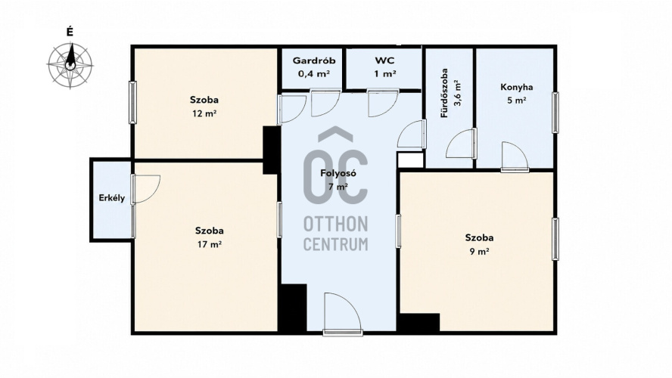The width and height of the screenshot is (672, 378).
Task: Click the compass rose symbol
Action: [70, 65]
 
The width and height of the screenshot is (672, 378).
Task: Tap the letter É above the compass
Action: [70, 32]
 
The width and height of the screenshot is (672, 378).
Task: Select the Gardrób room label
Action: [314, 60]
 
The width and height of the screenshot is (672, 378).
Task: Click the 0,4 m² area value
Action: [314, 73]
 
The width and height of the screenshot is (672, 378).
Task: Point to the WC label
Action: [384, 60]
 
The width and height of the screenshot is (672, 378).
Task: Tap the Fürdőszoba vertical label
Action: [444, 93]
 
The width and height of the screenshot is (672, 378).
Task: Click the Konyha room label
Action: [516, 87]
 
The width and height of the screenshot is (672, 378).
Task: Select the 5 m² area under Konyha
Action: [516, 101]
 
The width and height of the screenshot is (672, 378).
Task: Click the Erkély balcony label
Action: [112, 198]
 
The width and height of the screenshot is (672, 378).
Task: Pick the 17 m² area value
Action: [209, 244]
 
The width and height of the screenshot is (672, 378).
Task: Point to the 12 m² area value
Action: [204, 113]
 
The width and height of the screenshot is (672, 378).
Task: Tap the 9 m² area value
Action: [479, 251]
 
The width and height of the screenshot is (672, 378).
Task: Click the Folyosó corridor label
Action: [338, 173]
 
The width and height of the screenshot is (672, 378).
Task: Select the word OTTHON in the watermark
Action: [335, 224]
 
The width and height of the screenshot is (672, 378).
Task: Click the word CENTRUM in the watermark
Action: [335, 244]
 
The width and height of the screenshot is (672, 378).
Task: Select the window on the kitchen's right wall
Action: [555, 113]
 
